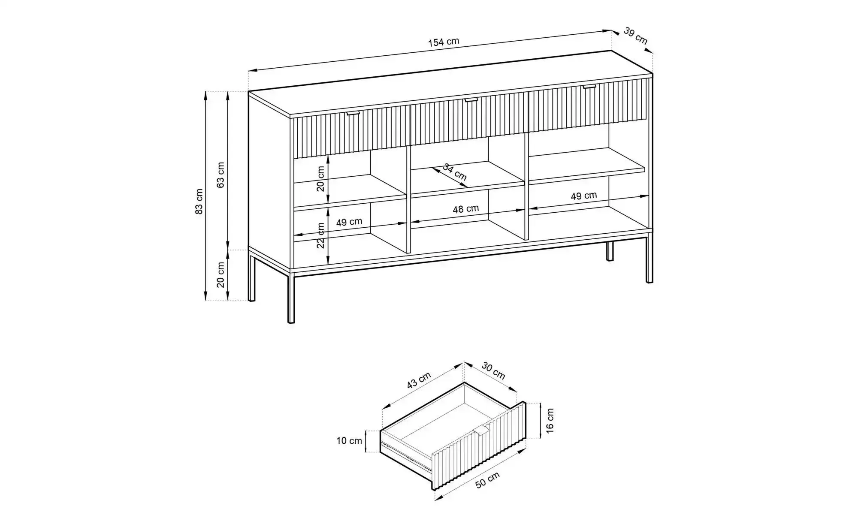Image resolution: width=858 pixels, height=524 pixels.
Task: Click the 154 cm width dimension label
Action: [x=444, y=42]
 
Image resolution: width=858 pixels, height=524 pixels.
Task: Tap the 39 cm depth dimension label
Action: [x=635, y=36]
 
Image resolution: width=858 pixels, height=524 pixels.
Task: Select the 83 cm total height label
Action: [x=199, y=201]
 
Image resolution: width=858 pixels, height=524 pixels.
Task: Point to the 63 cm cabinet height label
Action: [x=221, y=175]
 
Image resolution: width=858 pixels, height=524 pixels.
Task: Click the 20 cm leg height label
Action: [x=221, y=274]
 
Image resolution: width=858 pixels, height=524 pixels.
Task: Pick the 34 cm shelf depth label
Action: [x=455, y=172]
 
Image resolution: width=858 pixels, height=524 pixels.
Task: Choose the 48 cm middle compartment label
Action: [x=466, y=209]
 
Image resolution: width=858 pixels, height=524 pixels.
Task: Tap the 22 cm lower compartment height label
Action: [x=320, y=235]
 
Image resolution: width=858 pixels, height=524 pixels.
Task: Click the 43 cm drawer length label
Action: [x=419, y=380]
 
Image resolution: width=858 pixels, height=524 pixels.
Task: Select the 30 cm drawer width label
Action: [x=493, y=370]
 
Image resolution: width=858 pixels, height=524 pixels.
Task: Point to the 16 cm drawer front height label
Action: [x=550, y=420]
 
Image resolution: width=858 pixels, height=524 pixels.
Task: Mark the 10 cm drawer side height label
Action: [x=349, y=441]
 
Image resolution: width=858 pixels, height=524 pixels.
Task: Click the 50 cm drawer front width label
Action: [x=488, y=480]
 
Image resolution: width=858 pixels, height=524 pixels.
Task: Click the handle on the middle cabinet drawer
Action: [x=471, y=100]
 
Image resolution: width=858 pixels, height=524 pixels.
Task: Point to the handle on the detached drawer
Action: [x=481, y=431]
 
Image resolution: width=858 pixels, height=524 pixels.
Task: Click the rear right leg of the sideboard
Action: [x=610, y=251]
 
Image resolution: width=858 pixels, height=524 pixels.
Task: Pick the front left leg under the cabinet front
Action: [x=291, y=296]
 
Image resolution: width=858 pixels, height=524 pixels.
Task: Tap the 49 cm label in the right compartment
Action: [x=584, y=196]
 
